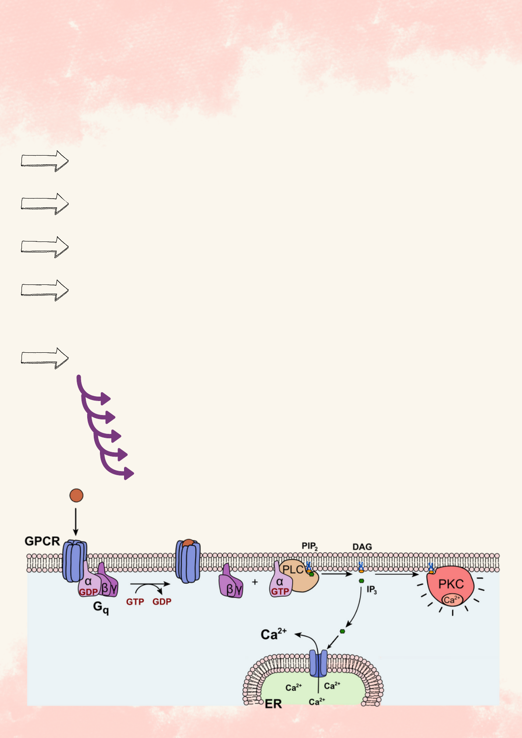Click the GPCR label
(x=42, y=541)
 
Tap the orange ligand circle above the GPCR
(x=76, y=495)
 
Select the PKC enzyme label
(x=451, y=584)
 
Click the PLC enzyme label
(x=293, y=570)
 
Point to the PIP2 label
(x=309, y=546)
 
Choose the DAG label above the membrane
(x=362, y=547)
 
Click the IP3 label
(x=372, y=590)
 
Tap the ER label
(x=273, y=704)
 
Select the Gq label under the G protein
(x=101, y=607)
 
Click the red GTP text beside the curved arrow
(x=135, y=602)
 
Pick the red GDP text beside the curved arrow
(x=162, y=602)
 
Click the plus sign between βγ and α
(x=255, y=582)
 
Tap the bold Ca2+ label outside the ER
(x=273, y=634)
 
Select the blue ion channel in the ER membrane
(x=318, y=663)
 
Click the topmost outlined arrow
(x=45, y=161)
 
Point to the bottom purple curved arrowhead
(x=128, y=473)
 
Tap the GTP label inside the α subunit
(x=280, y=591)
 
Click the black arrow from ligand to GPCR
(x=76, y=522)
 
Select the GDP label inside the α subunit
(x=88, y=592)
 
